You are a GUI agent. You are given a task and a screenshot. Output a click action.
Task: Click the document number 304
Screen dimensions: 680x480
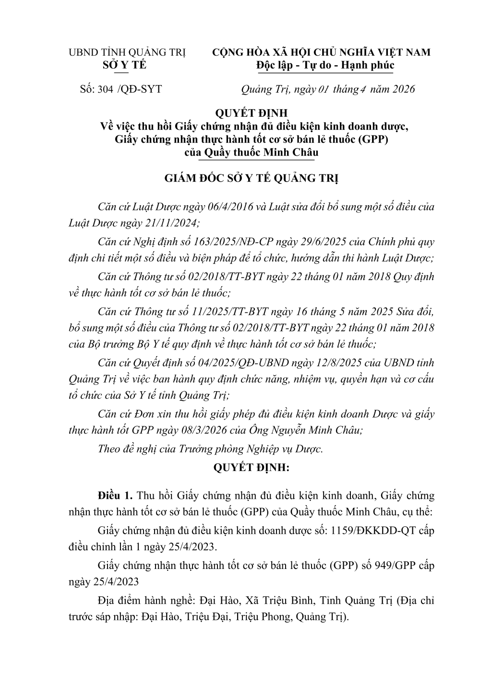coord(105,89)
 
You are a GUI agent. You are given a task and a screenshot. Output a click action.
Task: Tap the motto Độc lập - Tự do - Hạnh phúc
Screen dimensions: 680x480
coord(325,65)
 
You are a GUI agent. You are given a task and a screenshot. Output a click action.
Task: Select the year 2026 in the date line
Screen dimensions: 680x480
coord(402,89)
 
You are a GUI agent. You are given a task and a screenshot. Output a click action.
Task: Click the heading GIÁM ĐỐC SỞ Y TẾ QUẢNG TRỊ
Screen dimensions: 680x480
coord(252,179)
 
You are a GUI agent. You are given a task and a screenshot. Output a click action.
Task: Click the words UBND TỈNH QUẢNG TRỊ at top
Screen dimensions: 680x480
coord(127,52)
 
